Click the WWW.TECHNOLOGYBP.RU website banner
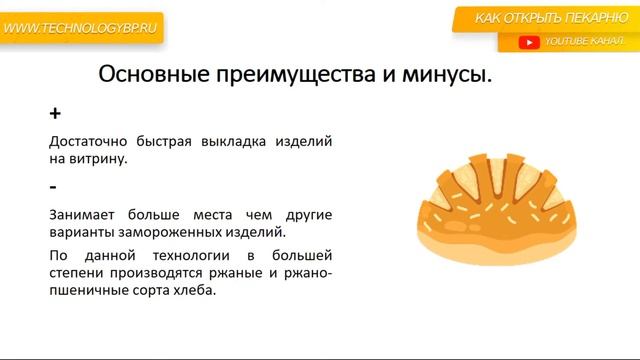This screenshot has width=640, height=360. pos(79,29)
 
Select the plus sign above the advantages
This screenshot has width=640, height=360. pos(55,114)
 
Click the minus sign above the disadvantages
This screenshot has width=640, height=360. pos(53,187)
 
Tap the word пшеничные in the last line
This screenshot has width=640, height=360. pos(89,292)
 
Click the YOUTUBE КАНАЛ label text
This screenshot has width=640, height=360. pos(582,42)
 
